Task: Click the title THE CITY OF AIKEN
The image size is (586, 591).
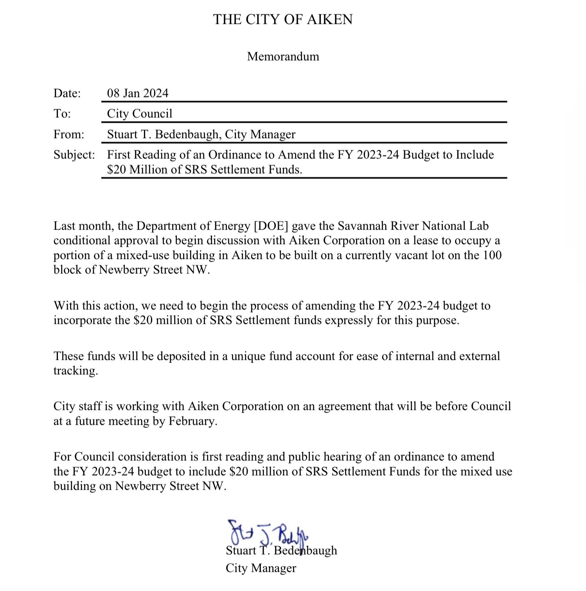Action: coord(282,19)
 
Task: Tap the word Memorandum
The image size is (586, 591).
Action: coord(283,56)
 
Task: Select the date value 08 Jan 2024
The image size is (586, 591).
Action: coord(138,93)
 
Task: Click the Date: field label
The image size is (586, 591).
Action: coord(67,93)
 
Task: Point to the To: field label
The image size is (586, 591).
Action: coord(62,113)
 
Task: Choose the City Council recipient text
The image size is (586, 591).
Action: coord(140,113)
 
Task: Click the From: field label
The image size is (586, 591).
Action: coord(69,134)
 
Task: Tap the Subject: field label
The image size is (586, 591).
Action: coord(74,154)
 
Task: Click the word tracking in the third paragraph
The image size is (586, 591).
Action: coord(75,371)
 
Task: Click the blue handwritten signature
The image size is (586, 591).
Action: coord(268,532)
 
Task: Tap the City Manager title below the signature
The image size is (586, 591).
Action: coord(261,568)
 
